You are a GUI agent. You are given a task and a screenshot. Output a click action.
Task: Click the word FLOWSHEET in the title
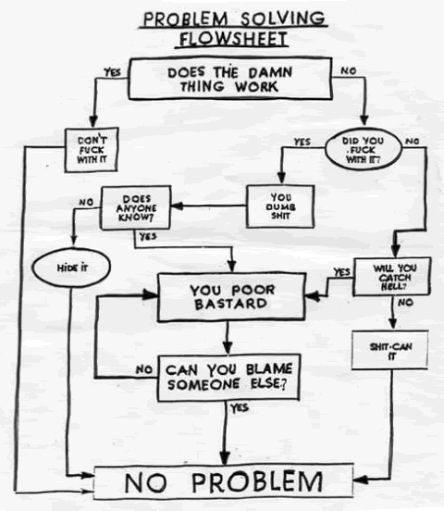point(233,39)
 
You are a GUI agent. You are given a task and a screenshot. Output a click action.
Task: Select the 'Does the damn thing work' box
point(230,79)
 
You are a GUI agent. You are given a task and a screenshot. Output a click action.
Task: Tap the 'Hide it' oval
point(71,268)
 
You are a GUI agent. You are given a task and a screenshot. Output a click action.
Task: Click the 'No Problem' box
point(224,482)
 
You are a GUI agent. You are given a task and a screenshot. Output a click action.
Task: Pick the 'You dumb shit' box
point(280,206)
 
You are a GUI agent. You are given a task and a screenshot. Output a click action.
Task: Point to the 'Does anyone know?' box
point(136,208)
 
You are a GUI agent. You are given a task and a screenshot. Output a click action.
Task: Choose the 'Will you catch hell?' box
point(392,277)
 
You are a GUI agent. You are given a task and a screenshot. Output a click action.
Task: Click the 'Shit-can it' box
point(390,351)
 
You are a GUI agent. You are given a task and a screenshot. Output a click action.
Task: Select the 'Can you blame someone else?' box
point(228,378)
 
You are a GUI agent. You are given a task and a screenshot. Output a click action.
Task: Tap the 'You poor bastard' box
point(231,297)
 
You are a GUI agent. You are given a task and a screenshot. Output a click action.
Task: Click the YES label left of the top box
point(112,72)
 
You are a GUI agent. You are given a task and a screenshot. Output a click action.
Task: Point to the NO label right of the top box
point(349,70)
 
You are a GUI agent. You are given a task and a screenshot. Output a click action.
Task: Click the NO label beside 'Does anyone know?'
point(86,203)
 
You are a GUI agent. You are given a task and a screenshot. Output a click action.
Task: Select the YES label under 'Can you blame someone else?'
point(240,408)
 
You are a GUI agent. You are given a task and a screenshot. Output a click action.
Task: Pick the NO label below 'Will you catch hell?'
point(405,303)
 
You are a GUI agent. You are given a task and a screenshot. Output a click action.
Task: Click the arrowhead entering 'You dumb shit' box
point(281,178)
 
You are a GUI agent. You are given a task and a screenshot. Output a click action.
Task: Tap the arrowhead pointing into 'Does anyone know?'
point(177,206)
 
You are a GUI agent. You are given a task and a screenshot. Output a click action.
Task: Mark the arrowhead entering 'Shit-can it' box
point(393,323)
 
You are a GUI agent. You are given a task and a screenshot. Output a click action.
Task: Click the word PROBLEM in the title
point(186,19)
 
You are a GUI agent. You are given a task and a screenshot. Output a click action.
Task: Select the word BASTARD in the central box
point(231,304)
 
